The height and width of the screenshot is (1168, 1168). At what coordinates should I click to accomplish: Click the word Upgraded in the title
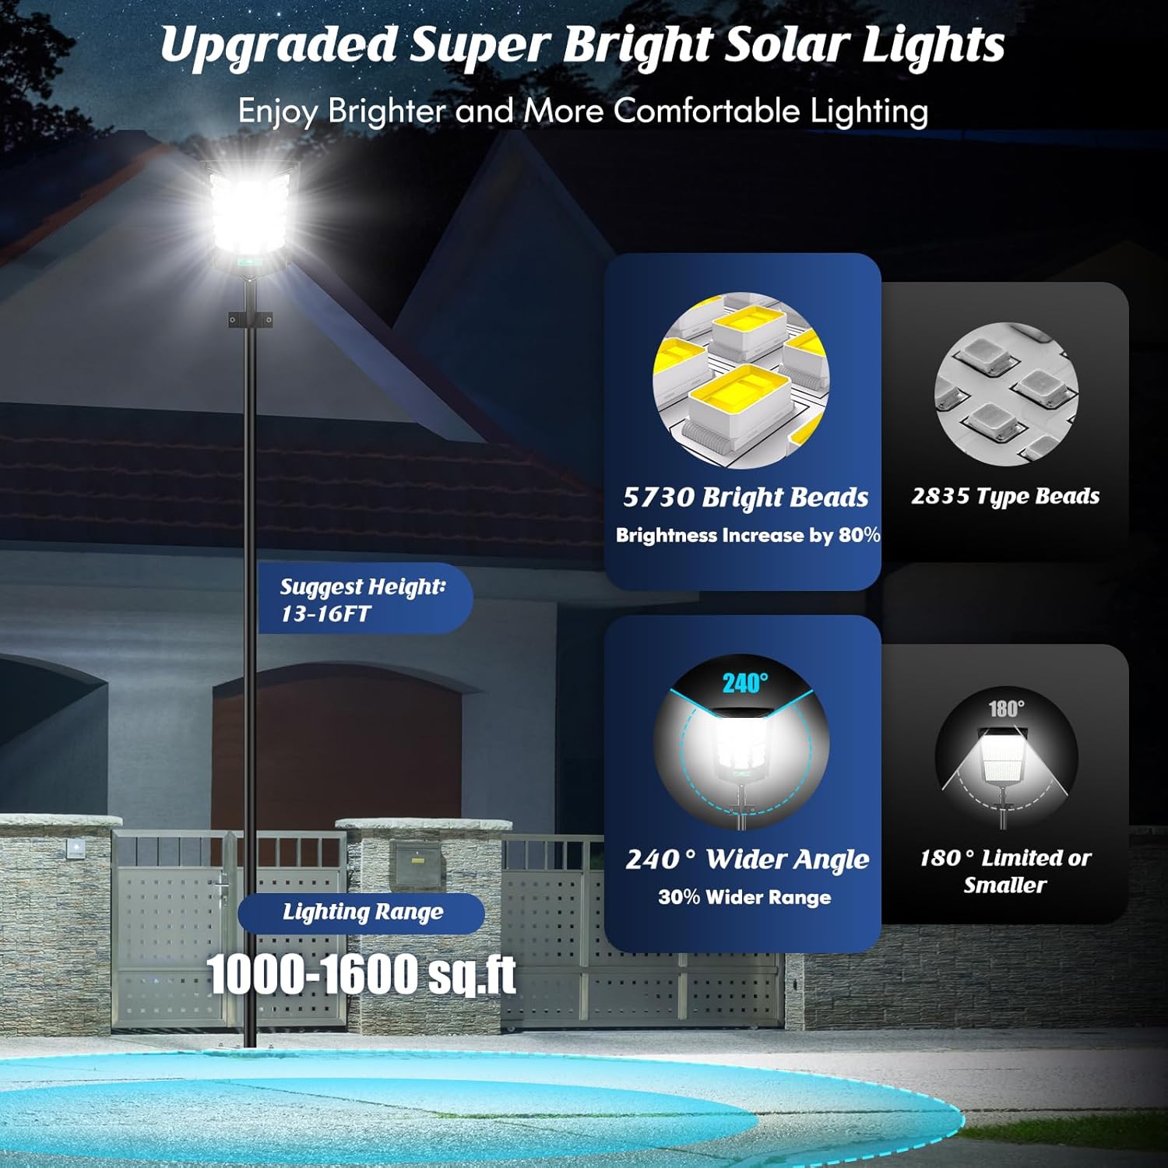pos(279,45)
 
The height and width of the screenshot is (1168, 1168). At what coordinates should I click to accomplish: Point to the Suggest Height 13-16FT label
pos(363,599)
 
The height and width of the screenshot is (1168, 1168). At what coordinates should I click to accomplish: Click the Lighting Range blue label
pos(362,913)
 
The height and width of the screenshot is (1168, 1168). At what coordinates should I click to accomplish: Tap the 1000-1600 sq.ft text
pos(361,973)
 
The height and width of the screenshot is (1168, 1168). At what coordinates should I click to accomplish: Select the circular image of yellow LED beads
pos(741,381)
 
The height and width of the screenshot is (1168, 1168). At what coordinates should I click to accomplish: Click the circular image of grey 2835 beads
pos(1006,394)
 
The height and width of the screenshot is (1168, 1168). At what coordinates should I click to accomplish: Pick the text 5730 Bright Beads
pos(745,498)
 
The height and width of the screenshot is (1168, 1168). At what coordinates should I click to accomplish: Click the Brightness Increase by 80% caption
pos(748,536)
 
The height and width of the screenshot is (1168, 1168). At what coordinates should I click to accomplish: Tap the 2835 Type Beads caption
pos(1005,496)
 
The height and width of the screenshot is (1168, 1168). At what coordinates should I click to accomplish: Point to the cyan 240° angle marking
pos(744,683)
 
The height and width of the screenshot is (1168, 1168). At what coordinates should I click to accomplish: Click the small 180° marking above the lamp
pos(1006,709)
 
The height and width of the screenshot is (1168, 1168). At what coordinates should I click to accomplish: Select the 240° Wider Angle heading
pos(747,859)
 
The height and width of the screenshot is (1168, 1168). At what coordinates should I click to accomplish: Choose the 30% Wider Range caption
pos(744,897)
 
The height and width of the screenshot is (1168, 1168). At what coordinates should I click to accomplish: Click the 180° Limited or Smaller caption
pos(1005,871)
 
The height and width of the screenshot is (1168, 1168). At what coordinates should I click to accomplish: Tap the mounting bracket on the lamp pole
pos(250,320)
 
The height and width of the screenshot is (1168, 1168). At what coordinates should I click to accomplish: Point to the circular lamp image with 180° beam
pos(1006,759)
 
